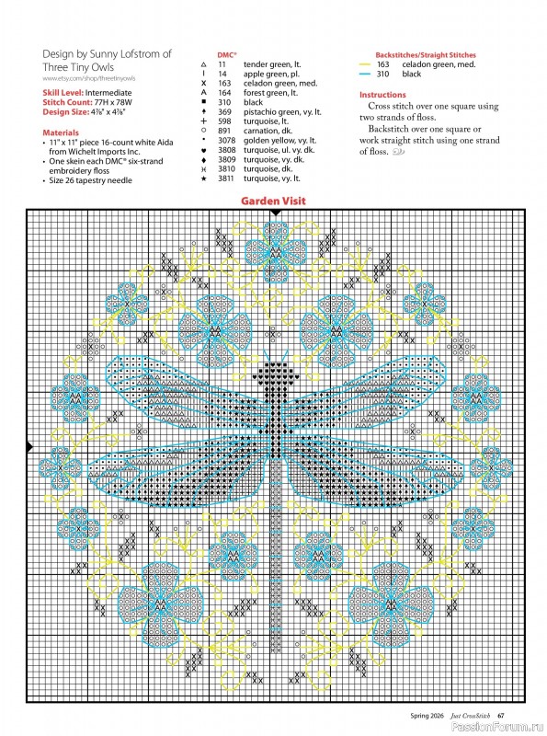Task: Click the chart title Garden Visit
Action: click(x=273, y=201)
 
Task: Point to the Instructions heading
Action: click(x=382, y=95)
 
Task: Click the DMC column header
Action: click(x=227, y=55)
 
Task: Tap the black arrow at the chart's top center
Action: click(x=275, y=213)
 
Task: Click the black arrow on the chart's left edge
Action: click(x=30, y=447)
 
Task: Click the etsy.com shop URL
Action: click(x=85, y=80)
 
